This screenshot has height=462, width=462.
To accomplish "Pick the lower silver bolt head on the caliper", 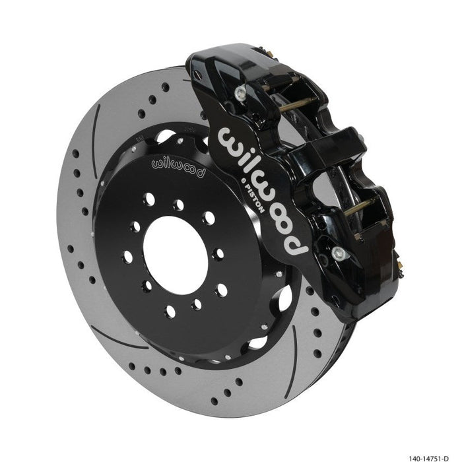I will (338, 252).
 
